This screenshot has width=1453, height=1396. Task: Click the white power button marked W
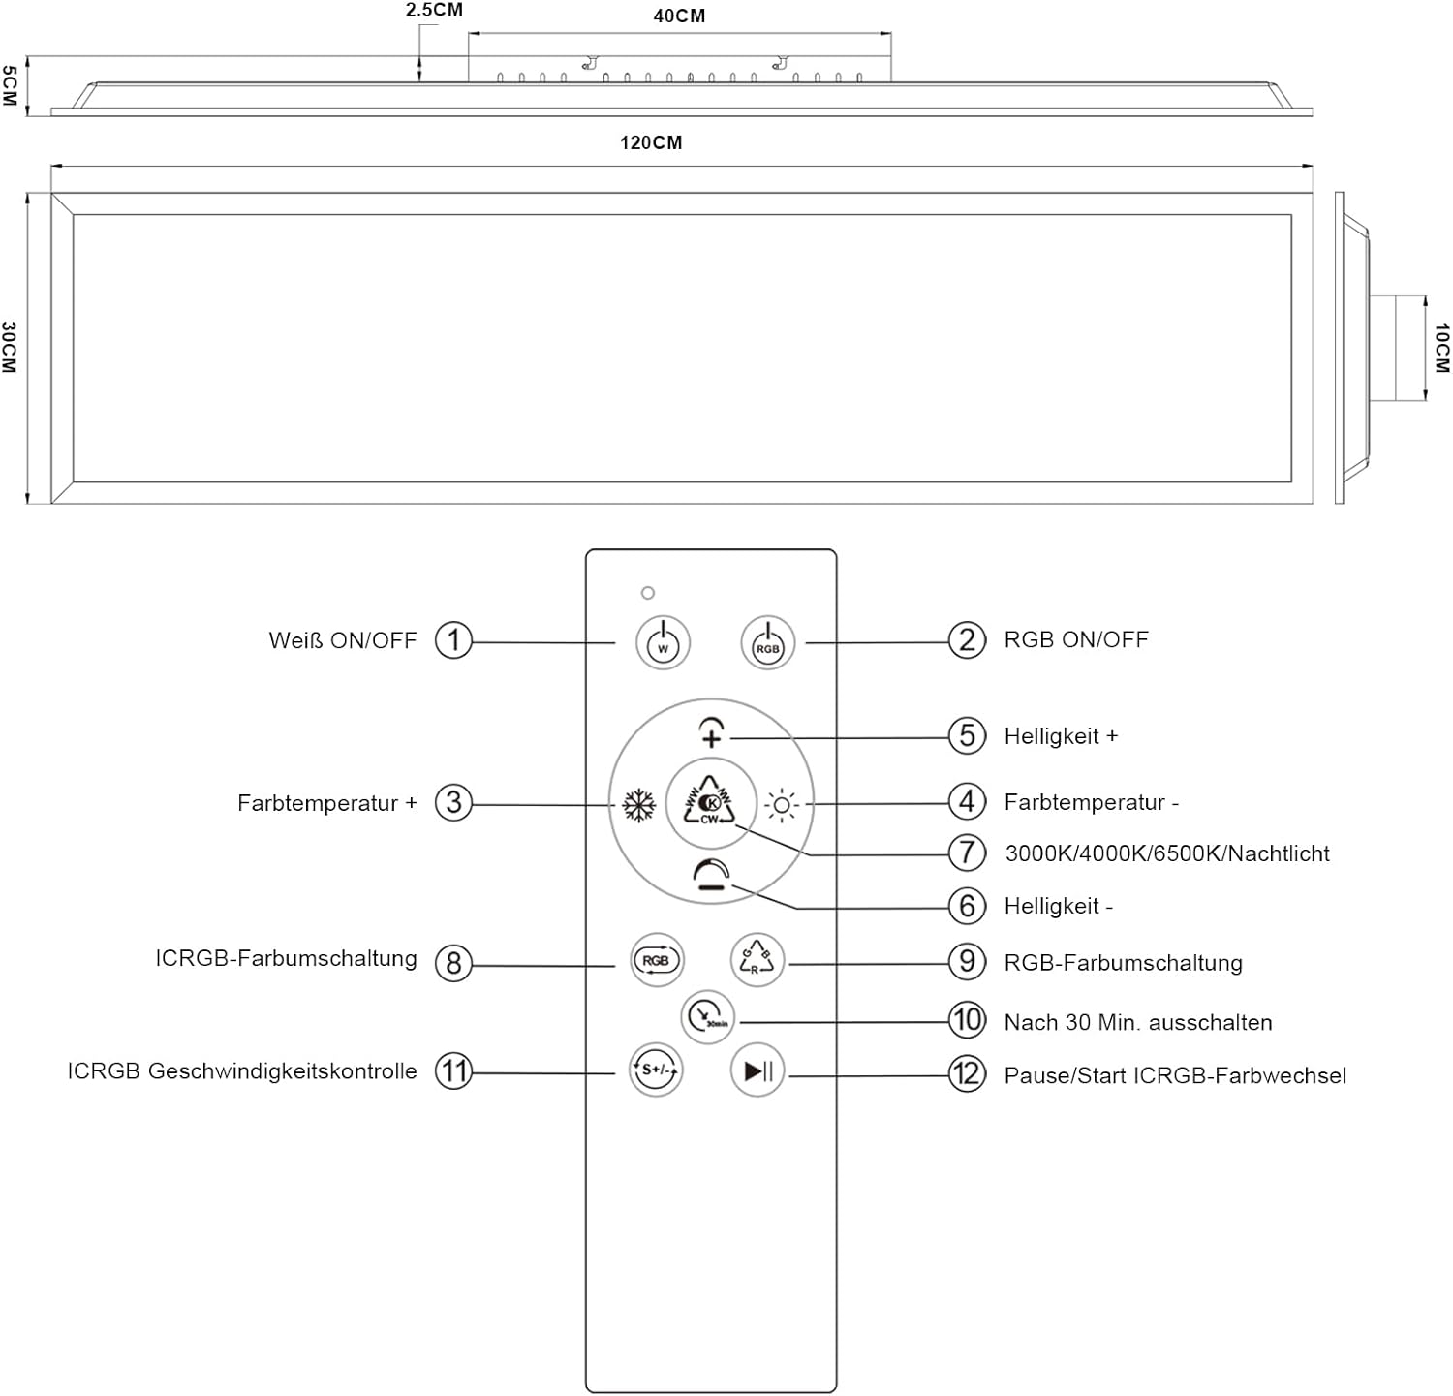[663, 642]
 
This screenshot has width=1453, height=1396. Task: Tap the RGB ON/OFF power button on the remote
[767, 642]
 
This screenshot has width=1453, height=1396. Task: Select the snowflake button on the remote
[638, 805]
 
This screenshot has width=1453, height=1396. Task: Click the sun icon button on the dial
[782, 805]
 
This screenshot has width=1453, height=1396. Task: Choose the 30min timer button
[708, 1016]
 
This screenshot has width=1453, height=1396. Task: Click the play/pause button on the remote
[757, 1070]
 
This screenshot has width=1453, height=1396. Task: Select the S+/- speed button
[656, 1070]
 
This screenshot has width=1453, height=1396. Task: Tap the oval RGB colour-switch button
[657, 960]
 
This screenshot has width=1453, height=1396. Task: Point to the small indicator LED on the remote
[648, 593]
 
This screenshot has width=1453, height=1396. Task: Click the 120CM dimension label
[651, 142]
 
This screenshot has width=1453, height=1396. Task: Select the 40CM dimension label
[679, 16]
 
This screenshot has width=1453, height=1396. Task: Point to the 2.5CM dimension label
[434, 10]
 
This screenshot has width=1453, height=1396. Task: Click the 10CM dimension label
[1441, 349]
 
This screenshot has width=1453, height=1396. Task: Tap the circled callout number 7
[967, 853]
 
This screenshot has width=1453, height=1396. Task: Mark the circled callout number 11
[453, 1071]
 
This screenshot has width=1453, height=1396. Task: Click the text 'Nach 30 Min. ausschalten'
[1138, 1022]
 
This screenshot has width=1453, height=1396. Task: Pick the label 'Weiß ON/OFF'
[343, 640]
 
